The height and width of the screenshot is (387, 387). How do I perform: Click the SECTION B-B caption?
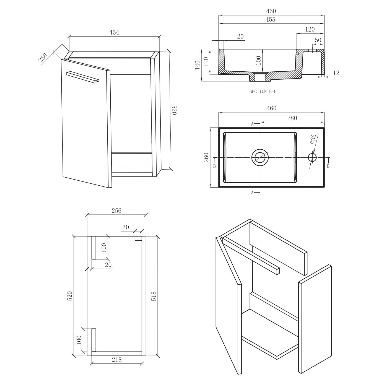click(x=263, y=91)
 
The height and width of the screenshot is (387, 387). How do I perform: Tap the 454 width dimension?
click(x=114, y=32)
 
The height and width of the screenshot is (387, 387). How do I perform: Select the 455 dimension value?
click(x=271, y=19)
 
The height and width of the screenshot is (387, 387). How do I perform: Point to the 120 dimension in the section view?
click(x=310, y=30)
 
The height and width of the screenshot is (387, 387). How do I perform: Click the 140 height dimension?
click(x=198, y=65)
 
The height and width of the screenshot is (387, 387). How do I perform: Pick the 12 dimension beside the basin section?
click(x=336, y=73)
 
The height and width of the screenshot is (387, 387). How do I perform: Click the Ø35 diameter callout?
click(x=313, y=139)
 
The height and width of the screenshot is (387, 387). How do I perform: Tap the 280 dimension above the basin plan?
click(x=292, y=118)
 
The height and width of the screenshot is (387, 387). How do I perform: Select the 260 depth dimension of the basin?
click(x=206, y=157)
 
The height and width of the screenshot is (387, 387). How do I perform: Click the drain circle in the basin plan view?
click(x=260, y=157)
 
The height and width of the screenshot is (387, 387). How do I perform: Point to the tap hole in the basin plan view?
click(x=312, y=157)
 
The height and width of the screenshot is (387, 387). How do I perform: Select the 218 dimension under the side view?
click(x=117, y=360)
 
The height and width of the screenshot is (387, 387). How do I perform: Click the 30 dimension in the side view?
click(x=126, y=227)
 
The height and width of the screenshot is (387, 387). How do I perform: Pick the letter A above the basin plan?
click(x=252, y=124)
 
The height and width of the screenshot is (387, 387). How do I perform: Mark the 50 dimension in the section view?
click(x=318, y=40)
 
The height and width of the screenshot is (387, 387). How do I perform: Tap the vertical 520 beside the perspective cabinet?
click(x=174, y=110)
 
